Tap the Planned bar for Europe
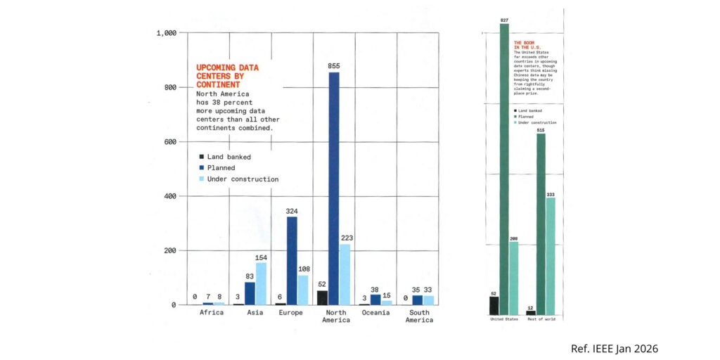pyautogui.click(x=291, y=260)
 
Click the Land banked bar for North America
pyautogui.click(x=322, y=297)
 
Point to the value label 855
pyautogui.click(x=333, y=65)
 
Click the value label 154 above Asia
pyautogui.click(x=261, y=257)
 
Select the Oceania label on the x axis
pyautogui.click(x=376, y=313)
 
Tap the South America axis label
pyautogui.click(x=418, y=316)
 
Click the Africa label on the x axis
pyautogui.click(x=212, y=313)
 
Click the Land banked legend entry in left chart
pyautogui.click(x=224, y=157)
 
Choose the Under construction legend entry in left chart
pyautogui.click(x=238, y=179)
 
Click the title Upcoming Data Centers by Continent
pyautogui.click(x=228, y=76)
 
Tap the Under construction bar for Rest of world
pyautogui.click(x=551, y=256)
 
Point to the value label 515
pyautogui.click(x=541, y=130)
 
